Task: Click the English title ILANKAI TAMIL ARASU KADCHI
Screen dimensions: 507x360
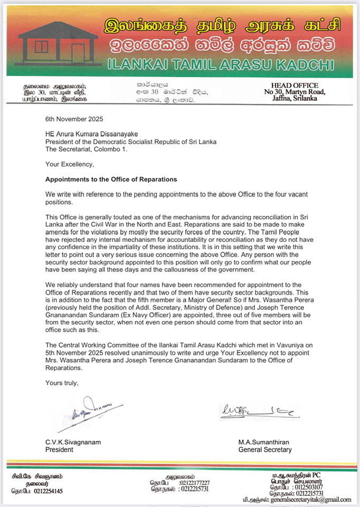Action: (220, 65)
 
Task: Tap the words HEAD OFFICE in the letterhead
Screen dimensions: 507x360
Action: (295, 86)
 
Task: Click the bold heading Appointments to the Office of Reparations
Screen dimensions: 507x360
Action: (110, 179)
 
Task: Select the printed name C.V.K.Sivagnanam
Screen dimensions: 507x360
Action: (72, 442)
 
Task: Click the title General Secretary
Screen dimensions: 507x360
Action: (265, 450)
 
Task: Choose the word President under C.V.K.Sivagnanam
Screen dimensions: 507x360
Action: (59, 450)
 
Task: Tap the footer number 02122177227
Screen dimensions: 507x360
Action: (194, 483)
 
